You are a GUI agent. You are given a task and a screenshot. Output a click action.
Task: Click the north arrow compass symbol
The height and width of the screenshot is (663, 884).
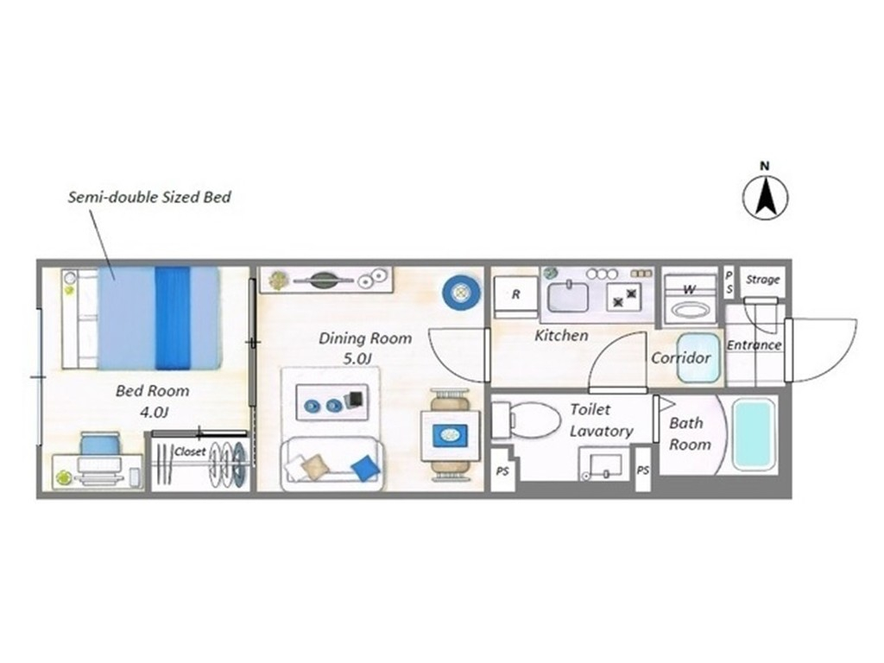tap(765, 198)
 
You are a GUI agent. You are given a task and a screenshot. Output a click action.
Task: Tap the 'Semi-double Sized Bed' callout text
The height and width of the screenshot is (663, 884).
tap(149, 198)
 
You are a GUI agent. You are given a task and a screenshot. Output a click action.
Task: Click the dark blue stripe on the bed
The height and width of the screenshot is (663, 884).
tap(173, 318)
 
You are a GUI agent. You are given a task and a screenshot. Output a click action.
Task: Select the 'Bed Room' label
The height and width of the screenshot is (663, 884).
tap(152, 391)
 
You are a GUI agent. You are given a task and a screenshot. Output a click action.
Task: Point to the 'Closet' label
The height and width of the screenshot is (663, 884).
tap(190, 451)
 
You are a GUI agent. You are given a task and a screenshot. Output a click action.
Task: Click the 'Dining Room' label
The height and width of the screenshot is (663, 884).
tap(365, 338)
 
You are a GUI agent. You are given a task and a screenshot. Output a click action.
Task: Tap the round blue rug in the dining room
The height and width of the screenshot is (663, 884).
tap(461, 293)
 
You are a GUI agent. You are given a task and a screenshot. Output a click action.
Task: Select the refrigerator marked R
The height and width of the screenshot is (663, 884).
tap(516, 297)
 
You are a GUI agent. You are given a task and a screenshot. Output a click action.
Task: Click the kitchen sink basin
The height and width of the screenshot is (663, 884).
tap(568, 297)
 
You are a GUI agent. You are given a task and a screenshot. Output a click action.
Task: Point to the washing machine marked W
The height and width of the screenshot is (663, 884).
tap(690, 300)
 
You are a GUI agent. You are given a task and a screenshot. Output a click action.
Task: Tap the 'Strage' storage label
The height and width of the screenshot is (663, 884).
tap(763, 280)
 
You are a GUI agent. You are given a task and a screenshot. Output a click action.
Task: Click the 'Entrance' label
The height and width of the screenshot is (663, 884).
tap(754, 345)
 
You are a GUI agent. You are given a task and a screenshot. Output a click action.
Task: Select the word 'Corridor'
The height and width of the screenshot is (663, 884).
tap(681, 358)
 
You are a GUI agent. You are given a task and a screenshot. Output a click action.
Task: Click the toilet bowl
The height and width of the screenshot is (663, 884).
tap(527, 420)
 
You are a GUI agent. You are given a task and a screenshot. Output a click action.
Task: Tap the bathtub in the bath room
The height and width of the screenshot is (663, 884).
tap(753, 433)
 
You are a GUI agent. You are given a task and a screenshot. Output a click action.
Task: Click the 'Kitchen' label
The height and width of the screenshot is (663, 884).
tap(561, 336)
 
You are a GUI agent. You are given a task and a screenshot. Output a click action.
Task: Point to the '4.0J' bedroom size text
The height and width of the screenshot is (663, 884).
tap(154, 412)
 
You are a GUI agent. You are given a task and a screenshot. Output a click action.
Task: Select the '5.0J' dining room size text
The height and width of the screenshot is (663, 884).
tap(357, 359)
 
